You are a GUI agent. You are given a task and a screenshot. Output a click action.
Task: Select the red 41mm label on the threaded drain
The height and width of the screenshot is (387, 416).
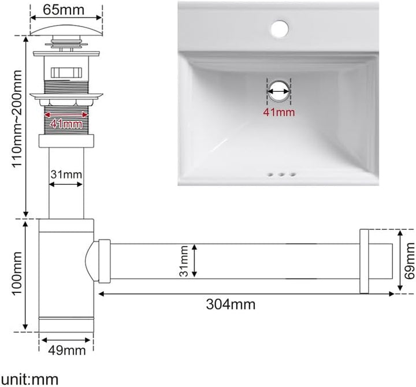click(x=65, y=123)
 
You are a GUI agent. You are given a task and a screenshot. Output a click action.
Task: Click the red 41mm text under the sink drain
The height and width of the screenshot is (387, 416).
click(x=278, y=112)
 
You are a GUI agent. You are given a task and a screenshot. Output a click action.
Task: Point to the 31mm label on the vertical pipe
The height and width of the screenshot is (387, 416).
click(x=65, y=174)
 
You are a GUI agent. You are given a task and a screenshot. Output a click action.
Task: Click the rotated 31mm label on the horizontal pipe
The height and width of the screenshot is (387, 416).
click(x=183, y=261)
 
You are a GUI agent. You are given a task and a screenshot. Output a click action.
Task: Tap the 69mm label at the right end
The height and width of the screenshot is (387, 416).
click(x=409, y=261)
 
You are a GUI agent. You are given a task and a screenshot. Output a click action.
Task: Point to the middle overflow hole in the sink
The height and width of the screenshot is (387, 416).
click(x=280, y=174)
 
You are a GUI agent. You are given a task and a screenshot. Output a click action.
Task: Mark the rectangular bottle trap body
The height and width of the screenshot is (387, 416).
click(x=65, y=277)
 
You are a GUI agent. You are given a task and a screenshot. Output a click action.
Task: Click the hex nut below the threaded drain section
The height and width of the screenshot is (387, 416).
click(x=65, y=140)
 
